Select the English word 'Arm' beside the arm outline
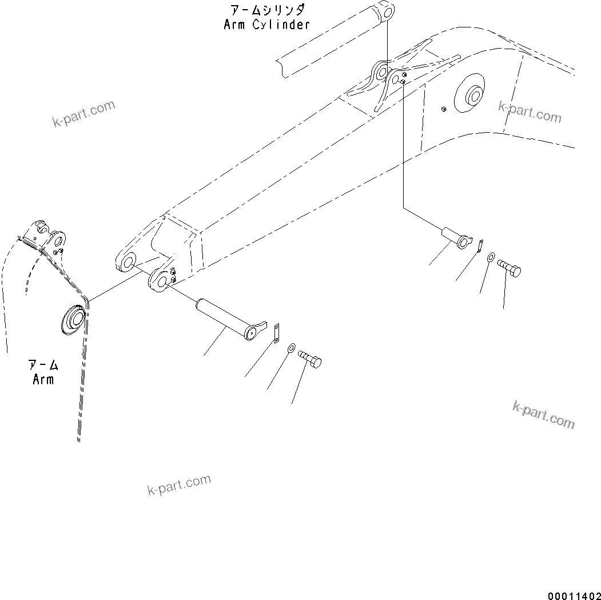click(43, 379)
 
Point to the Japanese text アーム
click(43, 365)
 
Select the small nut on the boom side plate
click(443, 109)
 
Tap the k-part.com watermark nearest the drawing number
click(543, 415)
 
